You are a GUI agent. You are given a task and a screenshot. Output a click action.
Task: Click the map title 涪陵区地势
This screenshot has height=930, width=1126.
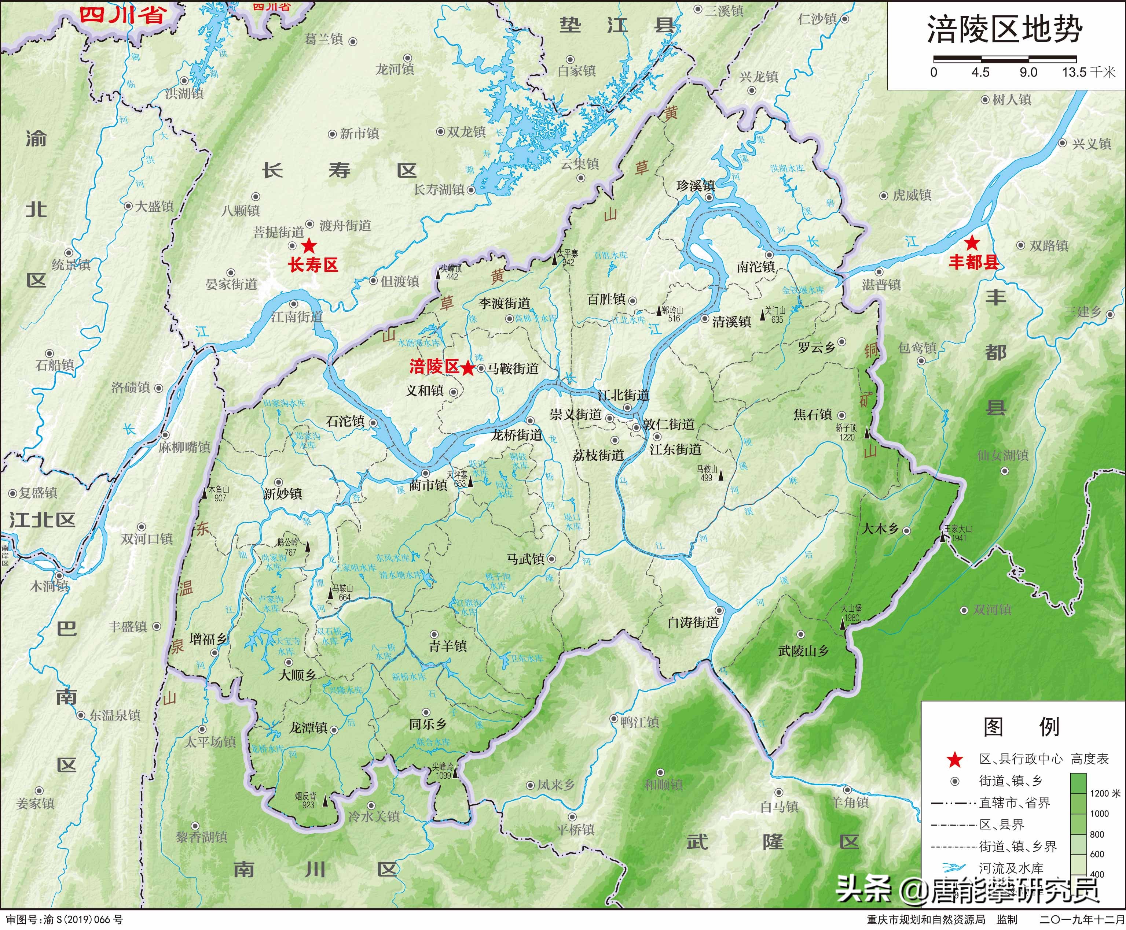coord(1004,30)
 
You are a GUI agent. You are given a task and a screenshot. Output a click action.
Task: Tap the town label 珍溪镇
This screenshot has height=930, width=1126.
coord(696,185)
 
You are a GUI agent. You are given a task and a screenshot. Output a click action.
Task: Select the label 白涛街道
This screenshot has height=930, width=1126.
coord(693,622)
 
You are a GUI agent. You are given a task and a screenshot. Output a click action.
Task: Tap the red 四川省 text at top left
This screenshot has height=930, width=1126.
coord(123,14)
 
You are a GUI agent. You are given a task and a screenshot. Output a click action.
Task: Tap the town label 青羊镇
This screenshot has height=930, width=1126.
coord(448,646)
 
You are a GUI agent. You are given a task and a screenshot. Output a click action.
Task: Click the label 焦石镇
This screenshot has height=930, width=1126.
coord(813,414)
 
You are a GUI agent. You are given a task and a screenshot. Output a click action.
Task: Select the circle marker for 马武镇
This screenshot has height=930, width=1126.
coord(552,559)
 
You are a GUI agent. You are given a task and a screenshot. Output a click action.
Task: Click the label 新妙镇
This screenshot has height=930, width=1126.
coord(282,494)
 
